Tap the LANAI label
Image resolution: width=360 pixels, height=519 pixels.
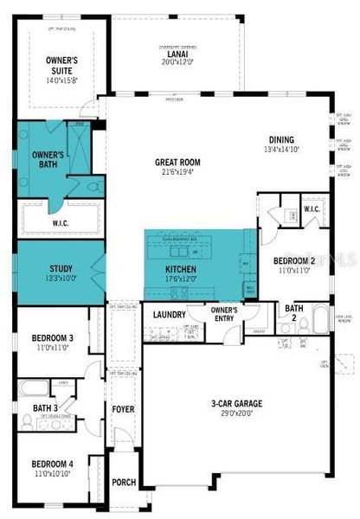pyautogui.click(x=172, y=54)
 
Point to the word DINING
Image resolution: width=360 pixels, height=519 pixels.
pyautogui.click(x=281, y=140)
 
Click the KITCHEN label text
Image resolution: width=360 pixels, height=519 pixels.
pyautogui.click(x=181, y=270)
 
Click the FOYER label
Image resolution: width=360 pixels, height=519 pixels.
pyautogui.click(x=122, y=407)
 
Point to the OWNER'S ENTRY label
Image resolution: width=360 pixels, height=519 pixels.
pyautogui.click(x=224, y=314)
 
